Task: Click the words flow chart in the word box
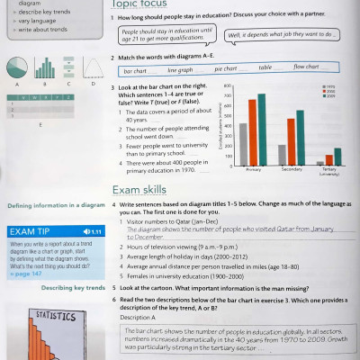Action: pos(306,67)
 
